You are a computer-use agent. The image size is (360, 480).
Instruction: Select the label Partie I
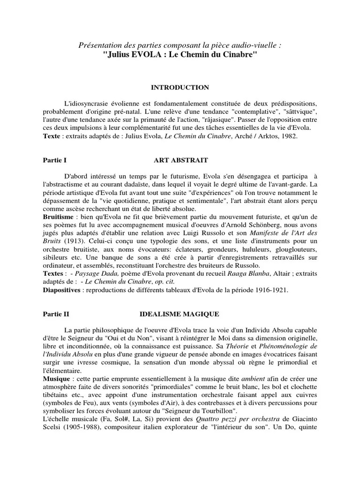[53, 160]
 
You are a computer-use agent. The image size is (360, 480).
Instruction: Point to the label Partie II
[55, 314]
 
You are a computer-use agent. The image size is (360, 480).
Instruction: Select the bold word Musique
[54, 377]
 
